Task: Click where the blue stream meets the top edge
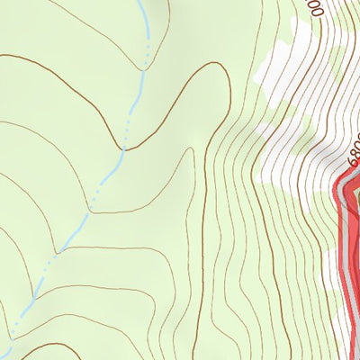coord(142,2)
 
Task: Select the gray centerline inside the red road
coord(346,243)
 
